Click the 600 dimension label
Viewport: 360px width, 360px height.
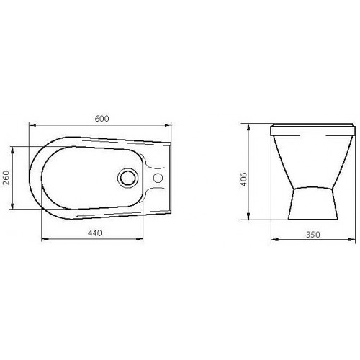(102, 119)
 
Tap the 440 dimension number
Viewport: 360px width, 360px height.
(95, 233)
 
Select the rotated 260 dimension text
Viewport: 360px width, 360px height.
(6, 178)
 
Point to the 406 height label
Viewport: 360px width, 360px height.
(243, 179)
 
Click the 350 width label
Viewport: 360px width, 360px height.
(313, 235)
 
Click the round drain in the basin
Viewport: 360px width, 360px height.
(128, 178)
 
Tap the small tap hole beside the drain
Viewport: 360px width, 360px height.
(158, 178)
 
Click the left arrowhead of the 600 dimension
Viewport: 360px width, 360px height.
(32, 125)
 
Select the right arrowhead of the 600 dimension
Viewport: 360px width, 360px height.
(168, 125)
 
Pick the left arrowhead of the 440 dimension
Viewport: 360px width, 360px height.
(45, 239)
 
